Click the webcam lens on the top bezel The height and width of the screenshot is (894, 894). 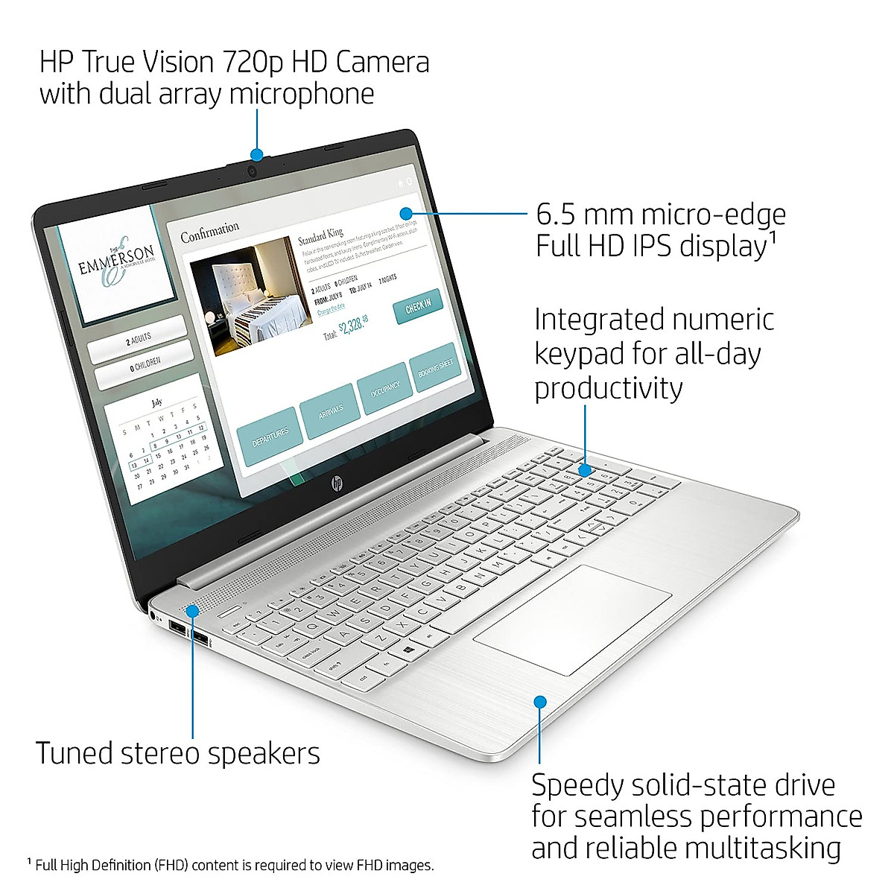pyautogui.click(x=253, y=171)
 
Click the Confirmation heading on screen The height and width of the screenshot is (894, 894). pyautogui.click(x=210, y=232)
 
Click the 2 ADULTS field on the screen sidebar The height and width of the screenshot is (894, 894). pyautogui.click(x=138, y=340)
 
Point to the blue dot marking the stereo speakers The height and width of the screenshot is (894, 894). pyautogui.click(x=192, y=611)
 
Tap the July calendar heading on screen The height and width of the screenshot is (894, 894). pyautogui.click(x=156, y=402)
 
